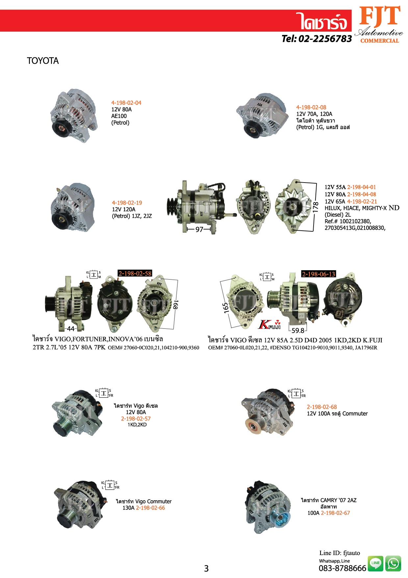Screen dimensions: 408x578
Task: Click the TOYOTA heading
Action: click(x=43, y=61)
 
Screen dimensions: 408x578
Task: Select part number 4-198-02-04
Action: click(x=126, y=103)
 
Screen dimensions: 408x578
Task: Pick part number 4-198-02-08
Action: click(x=311, y=107)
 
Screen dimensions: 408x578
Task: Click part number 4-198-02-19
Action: click(x=127, y=203)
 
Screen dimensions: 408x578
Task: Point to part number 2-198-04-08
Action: click(x=362, y=194)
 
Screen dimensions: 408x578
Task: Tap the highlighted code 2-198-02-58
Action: click(x=135, y=273)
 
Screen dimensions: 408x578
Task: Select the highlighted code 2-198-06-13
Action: click(x=319, y=274)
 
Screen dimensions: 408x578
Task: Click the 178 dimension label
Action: click(x=316, y=207)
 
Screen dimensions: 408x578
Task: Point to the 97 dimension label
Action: click(x=199, y=229)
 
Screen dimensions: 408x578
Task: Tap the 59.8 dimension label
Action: click(x=298, y=331)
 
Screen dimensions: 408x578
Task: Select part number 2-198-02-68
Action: click(x=322, y=407)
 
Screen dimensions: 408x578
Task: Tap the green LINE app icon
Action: click(x=375, y=563)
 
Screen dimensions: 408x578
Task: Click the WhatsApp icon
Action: click(x=393, y=564)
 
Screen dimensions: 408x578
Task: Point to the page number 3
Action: click(x=206, y=568)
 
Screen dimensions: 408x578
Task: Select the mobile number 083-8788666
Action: click(x=342, y=568)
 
